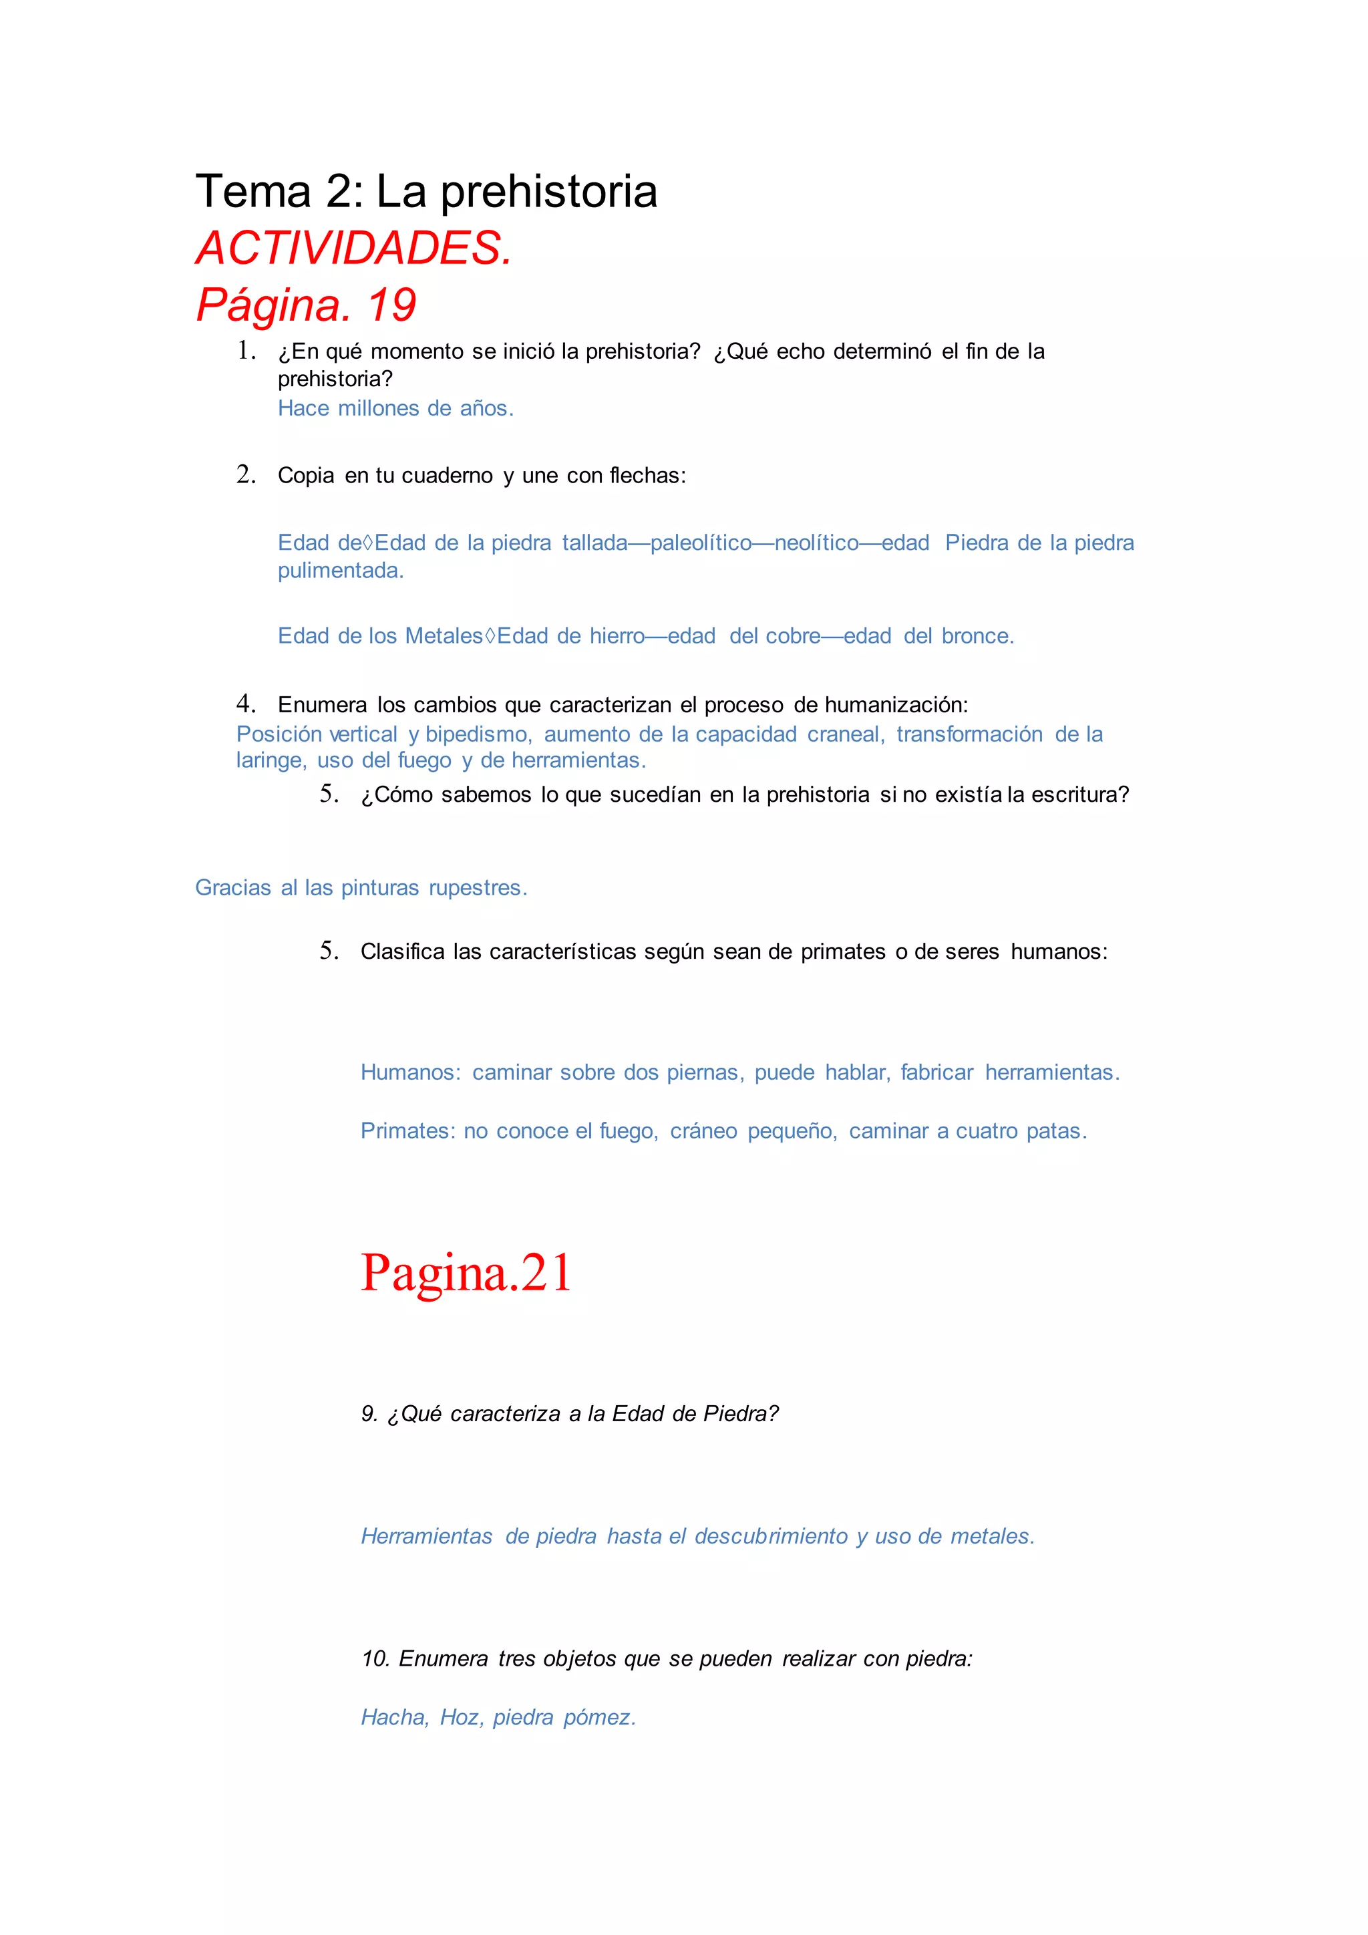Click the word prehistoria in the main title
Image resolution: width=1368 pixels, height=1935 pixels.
pyautogui.click(x=548, y=192)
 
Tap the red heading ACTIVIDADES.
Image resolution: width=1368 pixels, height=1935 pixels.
pyautogui.click(x=354, y=249)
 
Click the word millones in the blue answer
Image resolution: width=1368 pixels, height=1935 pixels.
pyautogui.click(x=378, y=409)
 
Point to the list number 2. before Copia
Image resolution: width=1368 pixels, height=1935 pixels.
pyautogui.click(x=246, y=474)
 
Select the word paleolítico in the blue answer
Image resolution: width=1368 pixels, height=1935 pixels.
pyautogui.click(x=701, y=543)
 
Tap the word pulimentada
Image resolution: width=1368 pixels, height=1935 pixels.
pyautogui.click(x=340, y=571)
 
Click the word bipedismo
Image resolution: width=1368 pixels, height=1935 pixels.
pyautogui.click(x=478, y=735)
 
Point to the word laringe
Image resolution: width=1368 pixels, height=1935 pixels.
pyautogui.click(x=271, y=761)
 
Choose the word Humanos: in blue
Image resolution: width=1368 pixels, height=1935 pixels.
pyautogui.click(x=410, y=1073)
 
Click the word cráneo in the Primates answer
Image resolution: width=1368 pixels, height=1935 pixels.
pyautogui.click(x=703, y=1131)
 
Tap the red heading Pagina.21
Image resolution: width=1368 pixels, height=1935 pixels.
pyautogui.click(x=466, y=1273)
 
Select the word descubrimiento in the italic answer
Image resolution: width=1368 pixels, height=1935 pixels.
pyautogui.click(x=771, y=1536)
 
